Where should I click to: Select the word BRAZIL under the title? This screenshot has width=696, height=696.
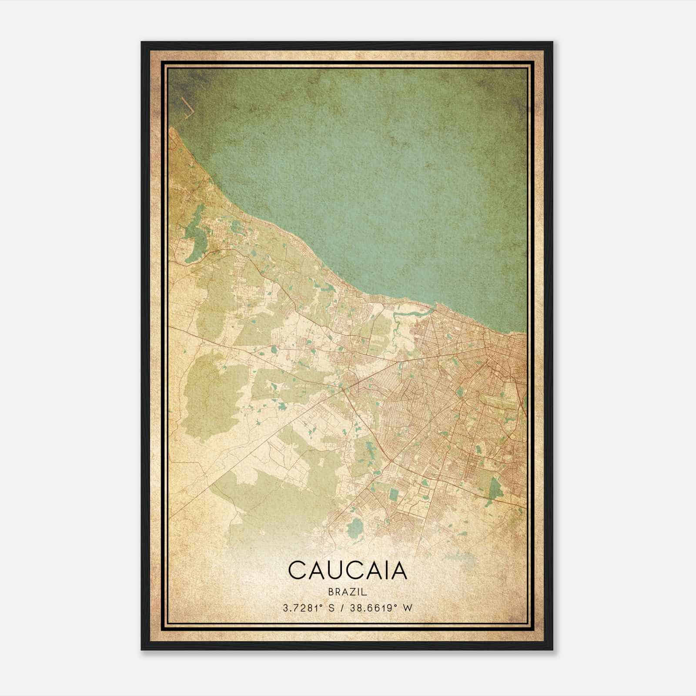(x=348, y=592)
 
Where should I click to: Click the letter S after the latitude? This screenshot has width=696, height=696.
(x=332, y=608)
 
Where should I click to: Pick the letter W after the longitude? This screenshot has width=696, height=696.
(x=408, y=608)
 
